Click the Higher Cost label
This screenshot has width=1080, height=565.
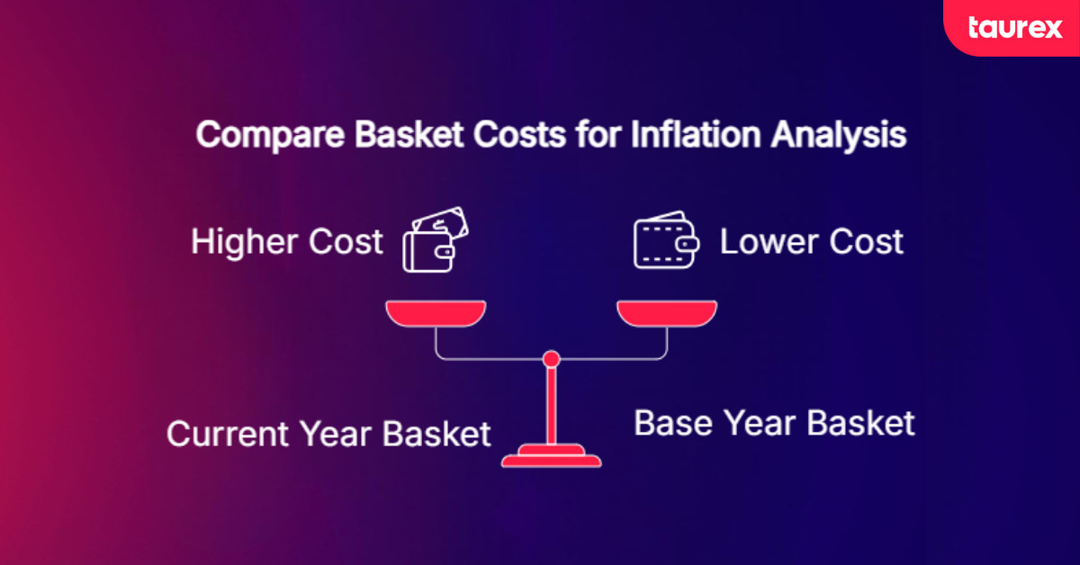click(x=286, y=242)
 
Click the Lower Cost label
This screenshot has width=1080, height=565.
click(x=811, y=242)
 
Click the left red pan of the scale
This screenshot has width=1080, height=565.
click(x=436, y=313)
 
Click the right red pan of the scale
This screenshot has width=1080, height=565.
click(x=667, y=313)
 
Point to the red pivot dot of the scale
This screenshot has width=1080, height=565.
click(x=552, y=359)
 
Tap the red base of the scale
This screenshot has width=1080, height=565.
click(x=552, y=460)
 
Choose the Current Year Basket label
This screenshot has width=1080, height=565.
click(x=328, y=435)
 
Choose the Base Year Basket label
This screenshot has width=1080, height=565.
click(x=774, y=423)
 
